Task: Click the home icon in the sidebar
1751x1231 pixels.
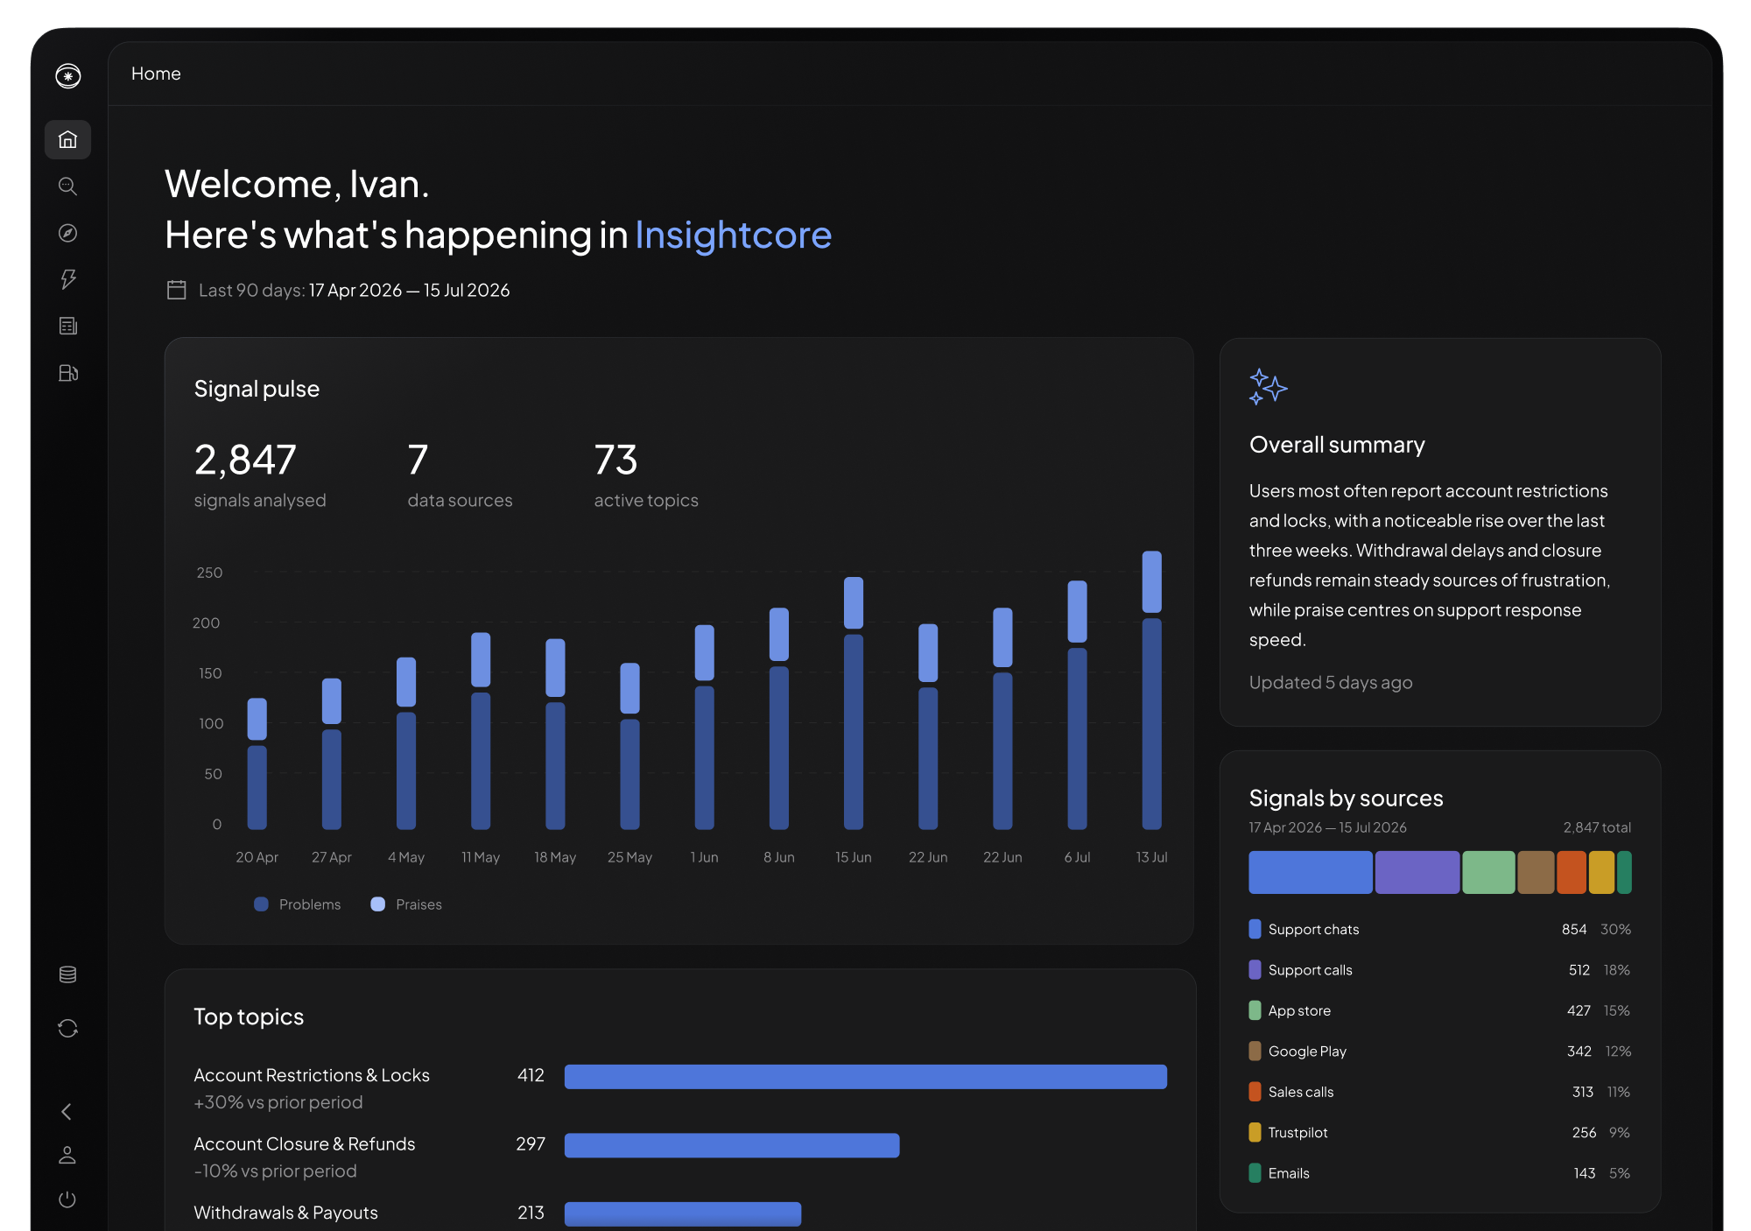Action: click(x=67, y=140)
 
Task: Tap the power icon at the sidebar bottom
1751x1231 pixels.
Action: click(x=67, y=1199)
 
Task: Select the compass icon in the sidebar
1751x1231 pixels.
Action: click(x=67, y=233)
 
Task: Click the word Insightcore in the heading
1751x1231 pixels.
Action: click(x=733, y=235)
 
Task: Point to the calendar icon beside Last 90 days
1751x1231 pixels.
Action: click(x=177, y=290)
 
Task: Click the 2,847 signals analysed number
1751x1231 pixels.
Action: click(x=245, y=460)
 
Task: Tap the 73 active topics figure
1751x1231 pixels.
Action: click(x=615, y=460)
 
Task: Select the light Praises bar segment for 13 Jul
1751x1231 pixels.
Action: click(x=1152, y=581)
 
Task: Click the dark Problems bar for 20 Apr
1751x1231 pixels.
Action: click(x=257, y=787)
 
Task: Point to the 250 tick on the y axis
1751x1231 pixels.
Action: click(x=209, y=573)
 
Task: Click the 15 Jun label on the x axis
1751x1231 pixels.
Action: click(x=854, y=857)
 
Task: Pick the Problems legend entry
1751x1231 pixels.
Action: click(x=298, y=904)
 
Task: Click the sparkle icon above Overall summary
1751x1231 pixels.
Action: click(x=1268, y=386)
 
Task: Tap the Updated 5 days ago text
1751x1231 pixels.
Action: click(x=1331, y=682)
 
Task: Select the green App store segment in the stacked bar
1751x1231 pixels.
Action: click(x=1488, y=872)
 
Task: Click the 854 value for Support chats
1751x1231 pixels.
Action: click(x=1574, y=929)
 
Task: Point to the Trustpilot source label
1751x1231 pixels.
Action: click(x=1297, y=1132)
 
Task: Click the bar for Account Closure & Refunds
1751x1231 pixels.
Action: click(x=732, y=1145)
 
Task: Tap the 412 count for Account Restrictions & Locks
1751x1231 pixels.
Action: click(x=531, y=1075)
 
